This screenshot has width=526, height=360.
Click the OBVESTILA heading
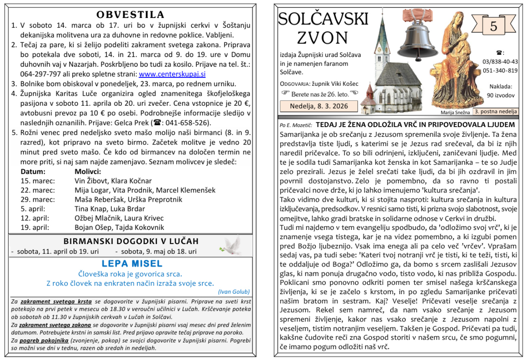(x=130, y=15)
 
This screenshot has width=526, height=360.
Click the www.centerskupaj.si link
(x=172, y=74)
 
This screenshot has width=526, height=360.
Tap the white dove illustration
(x=230, y=245)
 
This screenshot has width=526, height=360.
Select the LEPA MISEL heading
(x=132, y=263)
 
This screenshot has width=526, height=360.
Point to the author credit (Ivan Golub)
(x=234, y=292)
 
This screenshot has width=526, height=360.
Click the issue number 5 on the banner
(x=493, y=26)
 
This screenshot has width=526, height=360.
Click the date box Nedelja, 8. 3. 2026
(x=319, y=106)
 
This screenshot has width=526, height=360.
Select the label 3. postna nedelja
(x=496, y=111)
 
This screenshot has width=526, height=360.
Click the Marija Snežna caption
(x=455, y=112)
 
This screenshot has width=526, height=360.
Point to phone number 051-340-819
(x=500, y=70)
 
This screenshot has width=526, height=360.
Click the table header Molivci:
(x=88, y=171)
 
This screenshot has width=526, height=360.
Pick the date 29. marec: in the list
(x=38, y=199)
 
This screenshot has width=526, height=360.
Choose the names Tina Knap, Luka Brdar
(x=110, y=209)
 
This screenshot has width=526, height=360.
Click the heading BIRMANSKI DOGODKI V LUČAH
(x=131, y=241)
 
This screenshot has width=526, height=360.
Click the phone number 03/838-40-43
(x=500, y=61)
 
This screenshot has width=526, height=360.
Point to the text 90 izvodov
(x=500, y=95)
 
